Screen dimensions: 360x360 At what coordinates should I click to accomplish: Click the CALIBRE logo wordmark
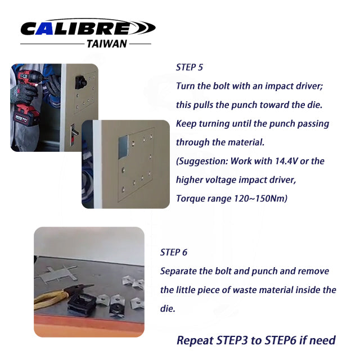click(88, 28)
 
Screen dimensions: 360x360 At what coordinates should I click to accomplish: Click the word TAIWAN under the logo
click(107, 44)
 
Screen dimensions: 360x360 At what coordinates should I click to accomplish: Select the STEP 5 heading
click(190, 67)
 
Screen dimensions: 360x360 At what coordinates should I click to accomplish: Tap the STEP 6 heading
click(174, 253)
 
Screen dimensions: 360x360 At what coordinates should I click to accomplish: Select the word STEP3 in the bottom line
click(232, 340)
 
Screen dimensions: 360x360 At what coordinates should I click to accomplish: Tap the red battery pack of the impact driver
click(26, 115)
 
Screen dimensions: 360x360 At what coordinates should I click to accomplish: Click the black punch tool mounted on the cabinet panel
click(80, 83)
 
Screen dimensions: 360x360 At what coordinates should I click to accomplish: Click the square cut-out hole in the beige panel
click(123, 147)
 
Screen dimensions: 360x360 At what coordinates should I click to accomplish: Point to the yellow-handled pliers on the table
click(60, 295)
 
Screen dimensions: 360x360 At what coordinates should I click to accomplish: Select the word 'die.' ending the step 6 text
click(168, 308)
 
